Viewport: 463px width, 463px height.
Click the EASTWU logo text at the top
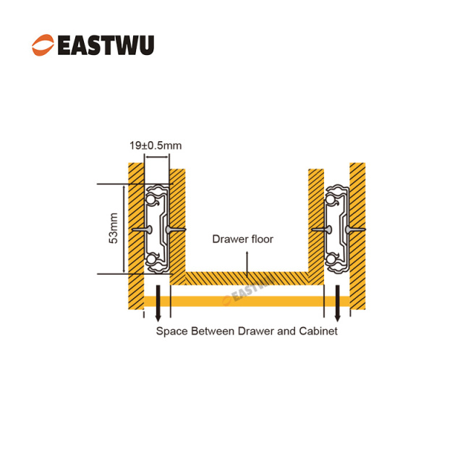[x=105, y=45]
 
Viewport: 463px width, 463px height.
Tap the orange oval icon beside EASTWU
[x=43, y=45]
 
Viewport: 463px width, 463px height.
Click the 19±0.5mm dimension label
[x=156, y=145]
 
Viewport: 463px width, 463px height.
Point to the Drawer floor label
[x=242, y=239]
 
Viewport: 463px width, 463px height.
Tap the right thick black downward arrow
[x=337, y=310]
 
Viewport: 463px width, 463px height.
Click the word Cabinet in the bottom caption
[x=318, y=331]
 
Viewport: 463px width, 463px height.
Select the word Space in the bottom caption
[x=171, y=331]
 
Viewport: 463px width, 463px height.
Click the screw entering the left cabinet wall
[x=140, y=229]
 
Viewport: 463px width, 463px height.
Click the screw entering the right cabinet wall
[x=355, y=229]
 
